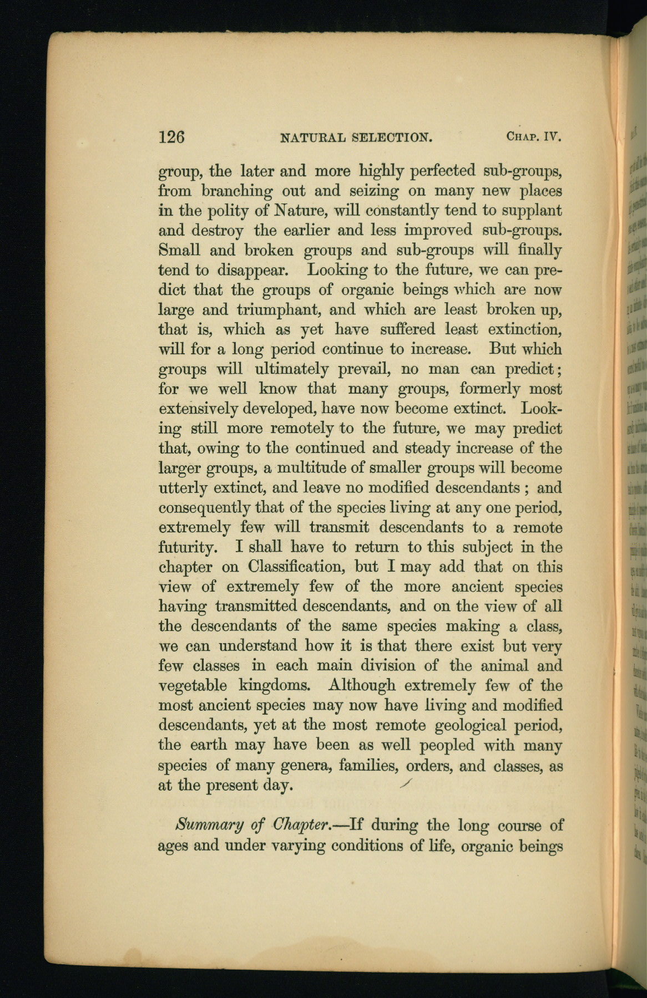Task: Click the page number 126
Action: coord(171,136)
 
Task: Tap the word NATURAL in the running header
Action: coord(314,137)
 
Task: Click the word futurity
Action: coord(186,548)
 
